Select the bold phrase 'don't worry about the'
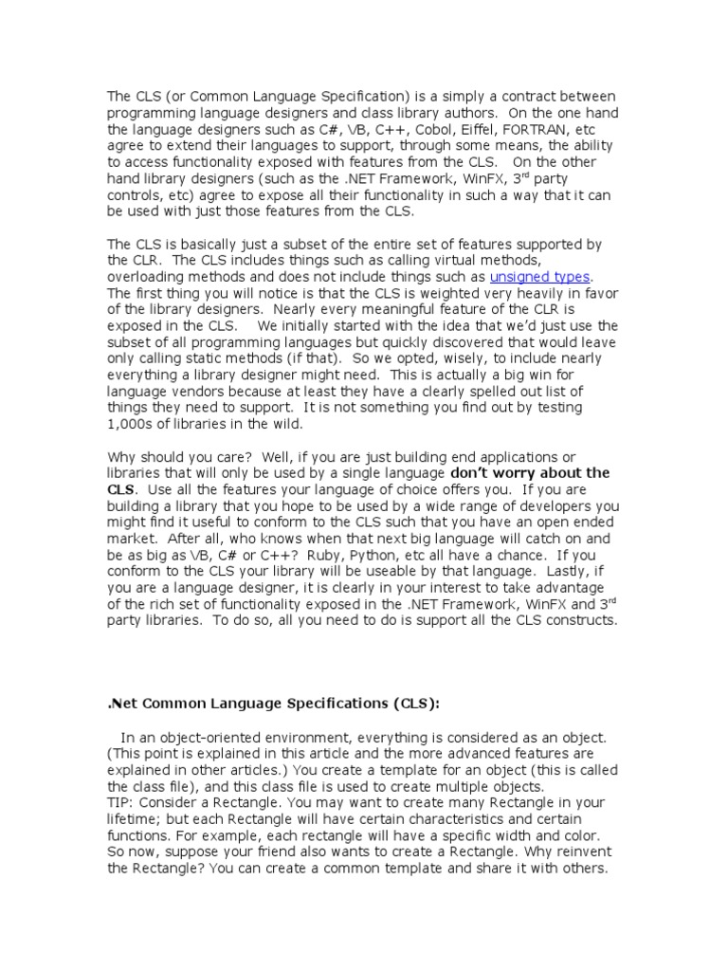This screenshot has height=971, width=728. [530, 472]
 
